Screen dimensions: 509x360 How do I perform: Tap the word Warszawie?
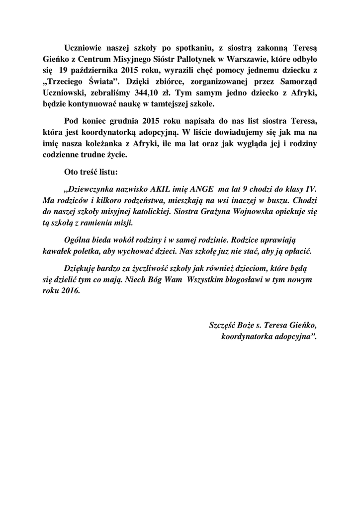tap(238, 60)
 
